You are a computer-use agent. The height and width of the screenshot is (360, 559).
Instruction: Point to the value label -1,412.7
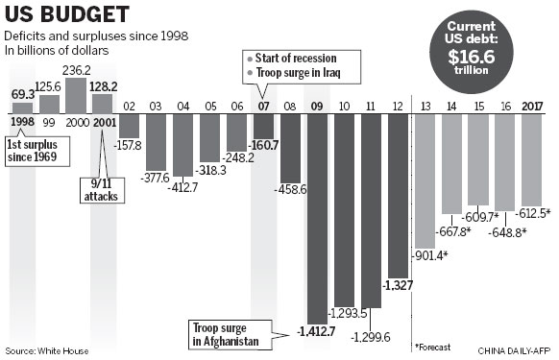317,332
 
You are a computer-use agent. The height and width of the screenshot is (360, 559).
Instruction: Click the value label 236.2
77,70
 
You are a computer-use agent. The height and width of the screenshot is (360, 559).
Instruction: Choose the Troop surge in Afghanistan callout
226,331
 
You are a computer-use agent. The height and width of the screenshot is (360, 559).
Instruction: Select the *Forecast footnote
434,345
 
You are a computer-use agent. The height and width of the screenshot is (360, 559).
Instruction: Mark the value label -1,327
398,285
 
